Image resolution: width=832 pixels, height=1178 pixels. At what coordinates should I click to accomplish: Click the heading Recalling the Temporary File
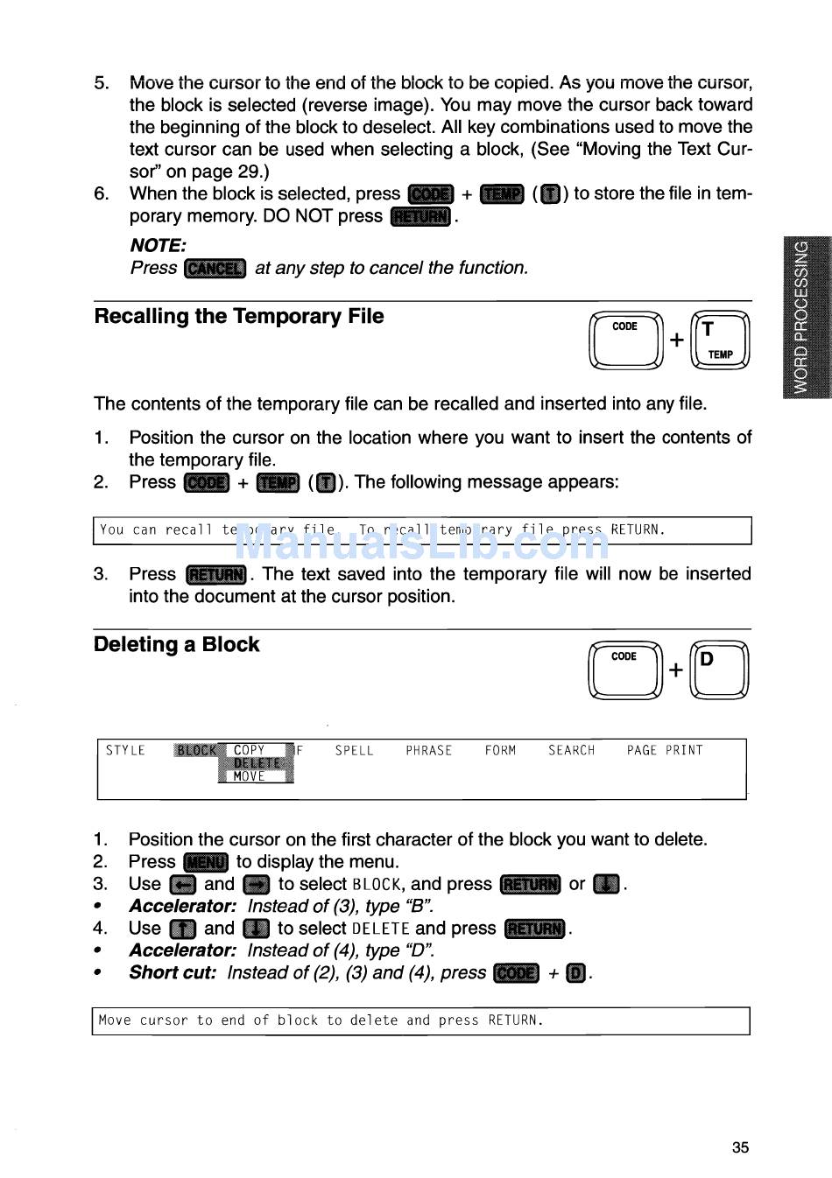click(x=238, y=317)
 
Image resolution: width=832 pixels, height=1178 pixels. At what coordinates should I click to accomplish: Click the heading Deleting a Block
click(x=176, y=645)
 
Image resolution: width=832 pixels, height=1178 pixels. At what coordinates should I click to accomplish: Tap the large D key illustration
click(x=719, y=670)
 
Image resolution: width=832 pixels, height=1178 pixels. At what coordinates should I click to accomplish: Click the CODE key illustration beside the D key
click(x=626, y=670)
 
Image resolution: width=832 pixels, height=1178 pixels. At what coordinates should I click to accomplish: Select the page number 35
click(x=740, y=1147)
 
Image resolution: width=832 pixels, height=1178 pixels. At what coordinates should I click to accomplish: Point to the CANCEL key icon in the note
click(x=215, y=268)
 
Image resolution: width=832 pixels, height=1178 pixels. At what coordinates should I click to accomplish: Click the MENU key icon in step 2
click(x=206, y=862)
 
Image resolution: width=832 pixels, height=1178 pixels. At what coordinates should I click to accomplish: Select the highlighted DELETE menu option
click(x=257, y=763)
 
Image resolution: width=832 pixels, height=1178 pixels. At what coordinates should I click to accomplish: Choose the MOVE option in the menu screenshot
click(x=250, y=776)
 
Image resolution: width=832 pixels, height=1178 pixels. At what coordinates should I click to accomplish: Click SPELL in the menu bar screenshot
click(x=354, y=751)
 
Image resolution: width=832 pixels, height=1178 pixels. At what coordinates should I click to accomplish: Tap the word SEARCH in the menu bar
click(x=571, y=751)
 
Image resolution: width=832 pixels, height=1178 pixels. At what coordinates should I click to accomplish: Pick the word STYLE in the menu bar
click(x=125, y=751)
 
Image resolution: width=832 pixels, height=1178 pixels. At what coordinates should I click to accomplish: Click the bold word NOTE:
click(x=158, y=246)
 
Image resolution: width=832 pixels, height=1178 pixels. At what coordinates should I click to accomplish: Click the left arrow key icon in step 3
click(x=183, y=885)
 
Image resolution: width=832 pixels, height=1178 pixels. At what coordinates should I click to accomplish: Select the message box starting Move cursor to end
click(x=420, y=1020)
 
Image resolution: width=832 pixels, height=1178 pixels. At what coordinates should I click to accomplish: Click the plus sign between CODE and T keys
click(x=677, y=340)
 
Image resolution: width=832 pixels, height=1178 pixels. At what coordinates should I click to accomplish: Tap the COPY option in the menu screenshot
click(x=250, y=750)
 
